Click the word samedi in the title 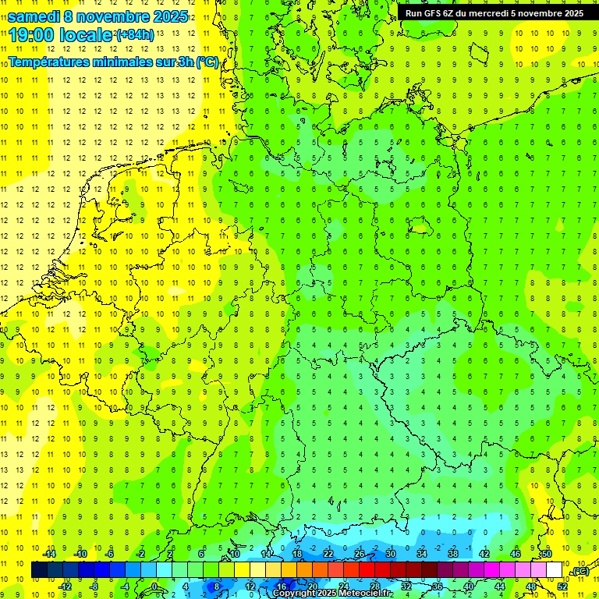click(34, 16)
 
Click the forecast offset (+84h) click(134, 35)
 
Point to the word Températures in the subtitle click(48, 62)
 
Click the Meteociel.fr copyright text click(333, 594)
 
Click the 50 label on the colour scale click(546, 554)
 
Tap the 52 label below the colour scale click(562, 586)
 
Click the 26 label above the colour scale click(360, 554)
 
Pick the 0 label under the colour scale click(155, 586)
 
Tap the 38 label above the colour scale click(453, 554)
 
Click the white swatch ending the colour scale click(554, 570)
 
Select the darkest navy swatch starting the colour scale click(39, 570)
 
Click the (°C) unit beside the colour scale click(580, 571)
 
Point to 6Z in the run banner click(450, 13)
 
